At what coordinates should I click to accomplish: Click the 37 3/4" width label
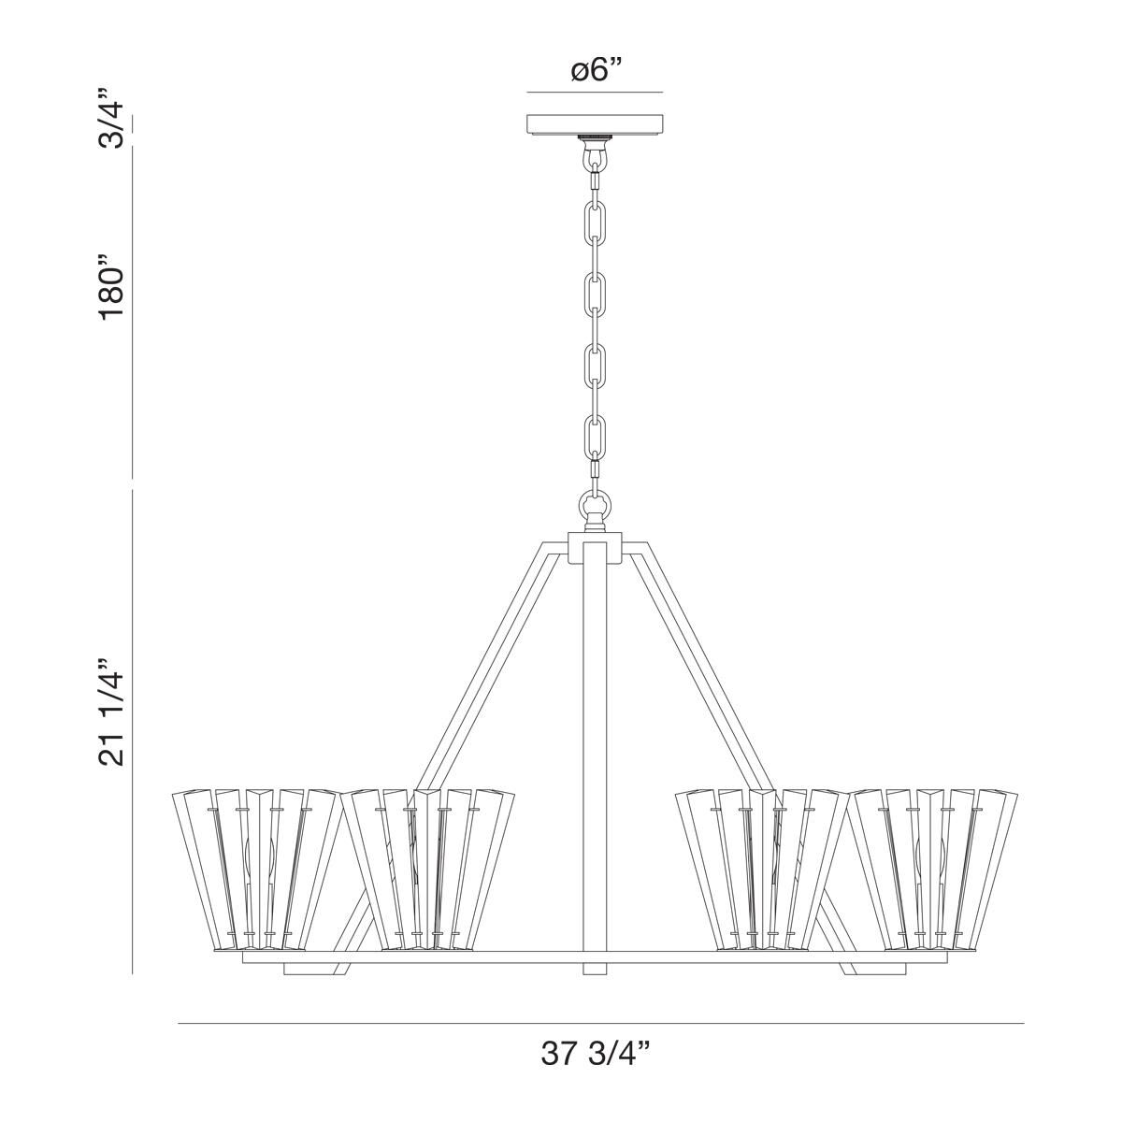(595, 1054)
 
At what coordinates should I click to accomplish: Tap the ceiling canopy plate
(595, 125)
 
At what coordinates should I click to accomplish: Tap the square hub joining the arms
(595, 547)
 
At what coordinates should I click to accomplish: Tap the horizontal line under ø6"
(595, 93)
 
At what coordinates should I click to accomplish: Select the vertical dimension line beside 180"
(133, 309)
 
